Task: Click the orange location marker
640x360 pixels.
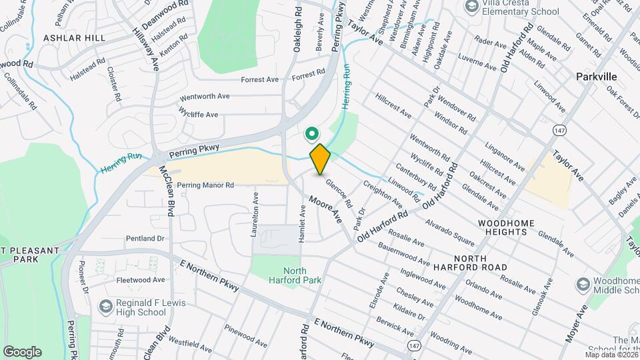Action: [320, 159]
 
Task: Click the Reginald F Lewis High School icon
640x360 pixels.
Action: [105, 306]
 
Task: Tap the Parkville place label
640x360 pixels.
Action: [596, 77]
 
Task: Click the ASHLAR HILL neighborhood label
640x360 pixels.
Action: [74, 39]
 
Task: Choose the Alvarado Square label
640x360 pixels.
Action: [450, 231]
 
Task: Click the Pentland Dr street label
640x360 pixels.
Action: [145, 238]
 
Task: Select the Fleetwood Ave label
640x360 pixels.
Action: [141, 280]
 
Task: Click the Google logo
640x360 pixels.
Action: [22, 351]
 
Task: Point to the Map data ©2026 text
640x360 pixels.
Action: [611, 354]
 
